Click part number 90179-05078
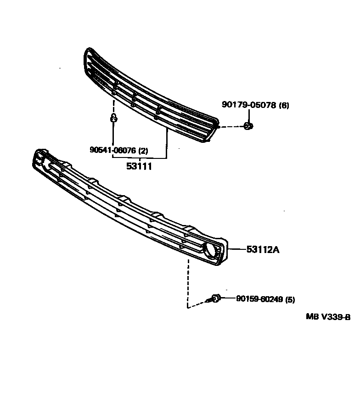coord(248,105)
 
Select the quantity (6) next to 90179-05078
coord(284,105)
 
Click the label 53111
coord(139,166)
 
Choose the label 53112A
coord(263,250)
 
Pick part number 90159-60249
coord(259,299)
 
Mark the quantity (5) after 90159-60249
coord(290,300)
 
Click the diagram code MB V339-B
coord(328,317)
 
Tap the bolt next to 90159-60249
coord(215,299)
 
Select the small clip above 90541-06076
coord(113,119)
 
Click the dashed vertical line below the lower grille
coord(187,282)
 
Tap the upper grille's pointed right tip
coord(216,126)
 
